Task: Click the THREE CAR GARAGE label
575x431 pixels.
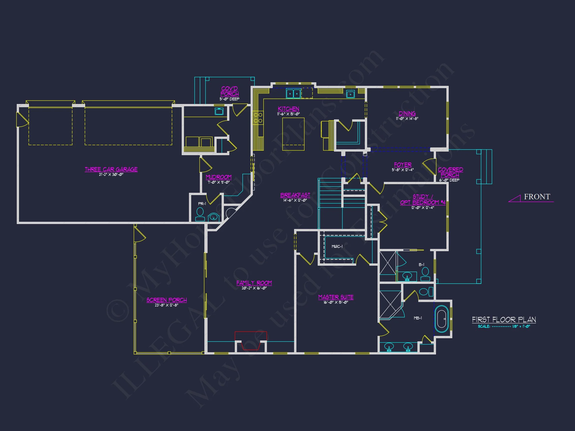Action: pos(111,169)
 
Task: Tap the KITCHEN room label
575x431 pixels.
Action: pos(288,109)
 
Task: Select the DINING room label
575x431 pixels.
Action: pos(407,113)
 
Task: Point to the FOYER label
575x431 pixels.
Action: pos(403,165)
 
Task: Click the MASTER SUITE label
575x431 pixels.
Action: pos(336,297)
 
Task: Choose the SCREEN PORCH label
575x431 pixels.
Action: pos(166,300)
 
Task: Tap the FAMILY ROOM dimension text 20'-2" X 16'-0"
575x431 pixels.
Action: pos(254,288)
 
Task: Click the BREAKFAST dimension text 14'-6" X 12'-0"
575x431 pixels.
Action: pos(295,200)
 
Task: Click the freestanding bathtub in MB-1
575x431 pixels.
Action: pos(441,319)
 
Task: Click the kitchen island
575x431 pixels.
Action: pos(293,134)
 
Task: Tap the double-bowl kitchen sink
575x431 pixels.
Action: pos(293,94)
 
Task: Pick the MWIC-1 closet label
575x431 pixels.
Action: pos(337,246)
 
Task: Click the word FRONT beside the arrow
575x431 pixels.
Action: pos(537,197)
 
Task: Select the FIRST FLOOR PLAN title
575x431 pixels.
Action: pos(504,320)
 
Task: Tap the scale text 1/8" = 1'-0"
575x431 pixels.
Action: pos(521,326)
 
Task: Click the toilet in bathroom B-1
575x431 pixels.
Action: pos(425,274)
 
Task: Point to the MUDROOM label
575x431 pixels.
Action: pos(218,177)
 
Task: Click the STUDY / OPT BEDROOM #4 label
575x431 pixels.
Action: pos(423,200)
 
